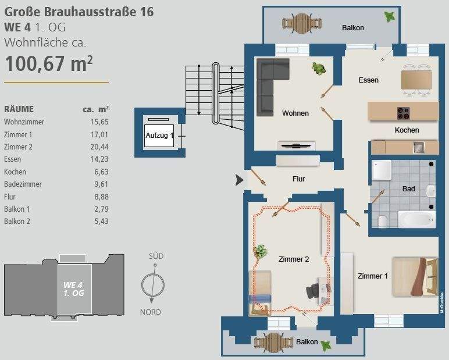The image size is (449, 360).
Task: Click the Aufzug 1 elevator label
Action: tap(159, 136)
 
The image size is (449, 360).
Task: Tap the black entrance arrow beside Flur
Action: tap(239, 180)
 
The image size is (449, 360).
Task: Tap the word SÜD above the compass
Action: tap(156, 256)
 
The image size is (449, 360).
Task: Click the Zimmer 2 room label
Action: tap(294, 259)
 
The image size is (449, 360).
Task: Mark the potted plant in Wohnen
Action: tap(318, 69)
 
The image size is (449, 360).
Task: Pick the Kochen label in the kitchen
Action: tap(407, 130)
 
